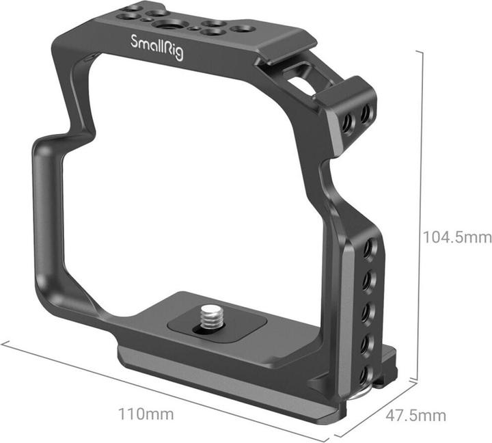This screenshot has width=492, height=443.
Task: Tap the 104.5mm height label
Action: (457, 237)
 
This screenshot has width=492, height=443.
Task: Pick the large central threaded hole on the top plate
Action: (166, 25)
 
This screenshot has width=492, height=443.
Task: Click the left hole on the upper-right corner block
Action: (348, 120)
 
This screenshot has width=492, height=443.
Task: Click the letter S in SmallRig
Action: (136, 42)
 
